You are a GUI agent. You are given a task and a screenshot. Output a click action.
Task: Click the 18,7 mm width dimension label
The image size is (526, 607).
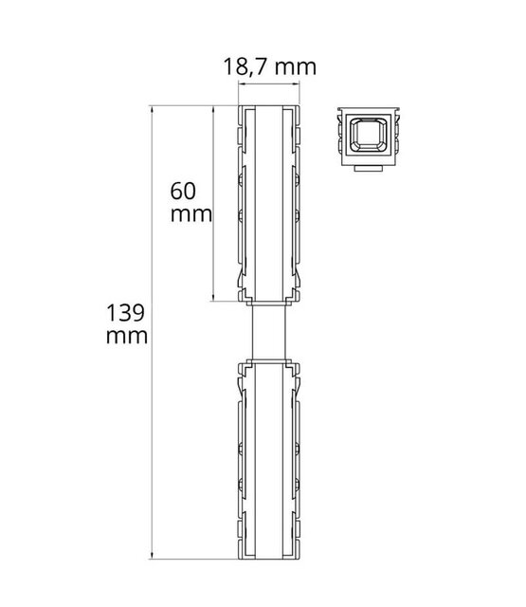point(269,67)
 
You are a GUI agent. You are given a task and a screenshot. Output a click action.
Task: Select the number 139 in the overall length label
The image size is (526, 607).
point(126,314)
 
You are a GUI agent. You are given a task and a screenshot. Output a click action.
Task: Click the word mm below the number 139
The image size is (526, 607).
point(126,337)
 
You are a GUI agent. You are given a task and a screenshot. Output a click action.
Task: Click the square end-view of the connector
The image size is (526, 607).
point(368,138)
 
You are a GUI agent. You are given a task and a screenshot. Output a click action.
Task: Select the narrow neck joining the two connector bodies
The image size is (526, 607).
point(269,332)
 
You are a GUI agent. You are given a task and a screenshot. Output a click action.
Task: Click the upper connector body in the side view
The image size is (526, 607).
point(269,204)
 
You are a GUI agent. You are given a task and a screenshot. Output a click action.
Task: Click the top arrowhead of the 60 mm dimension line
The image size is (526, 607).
point(211,111)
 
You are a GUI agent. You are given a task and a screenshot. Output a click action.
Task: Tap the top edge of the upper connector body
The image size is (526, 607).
point(269,107)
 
